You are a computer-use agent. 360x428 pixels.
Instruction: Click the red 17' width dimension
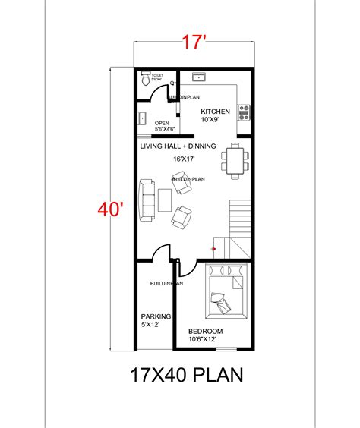[194, 44]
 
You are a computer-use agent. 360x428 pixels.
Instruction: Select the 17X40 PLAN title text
[188, 375]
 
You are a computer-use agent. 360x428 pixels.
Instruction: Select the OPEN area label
[162, 123]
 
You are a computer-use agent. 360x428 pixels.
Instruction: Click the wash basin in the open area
[142, 118]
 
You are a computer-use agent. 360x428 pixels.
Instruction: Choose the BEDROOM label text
[205, 332]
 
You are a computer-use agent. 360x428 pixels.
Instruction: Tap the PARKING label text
[156, 316]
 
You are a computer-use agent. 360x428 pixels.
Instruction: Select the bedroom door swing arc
[190, 267]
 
